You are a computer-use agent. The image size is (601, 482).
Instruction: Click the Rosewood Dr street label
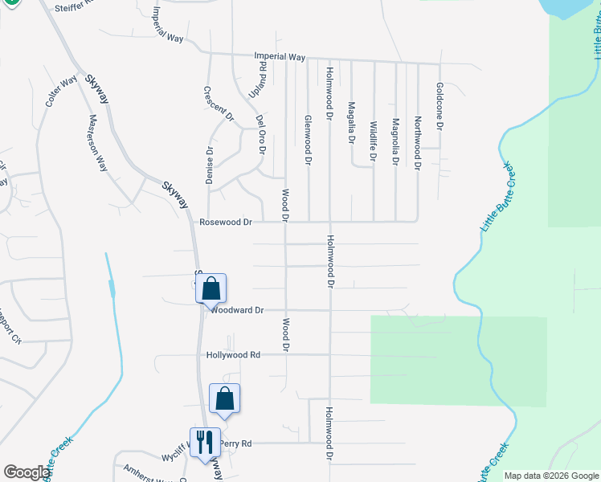226,222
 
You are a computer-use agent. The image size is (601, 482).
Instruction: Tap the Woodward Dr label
239,309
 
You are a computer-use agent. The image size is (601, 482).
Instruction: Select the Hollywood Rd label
233,354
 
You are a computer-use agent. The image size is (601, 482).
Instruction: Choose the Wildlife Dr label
373,141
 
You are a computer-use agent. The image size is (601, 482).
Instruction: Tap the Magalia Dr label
351,122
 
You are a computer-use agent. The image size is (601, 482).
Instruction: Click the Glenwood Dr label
307,139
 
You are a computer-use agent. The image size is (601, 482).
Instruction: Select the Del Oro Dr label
260,133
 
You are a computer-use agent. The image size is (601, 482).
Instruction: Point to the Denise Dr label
210,165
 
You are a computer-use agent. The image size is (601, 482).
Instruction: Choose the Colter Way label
61,90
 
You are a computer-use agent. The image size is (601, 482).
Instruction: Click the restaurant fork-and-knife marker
203,442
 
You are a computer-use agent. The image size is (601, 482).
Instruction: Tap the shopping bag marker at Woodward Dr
211,288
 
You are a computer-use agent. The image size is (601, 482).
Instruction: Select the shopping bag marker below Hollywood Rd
224,398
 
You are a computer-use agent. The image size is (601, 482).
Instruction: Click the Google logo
27,472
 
